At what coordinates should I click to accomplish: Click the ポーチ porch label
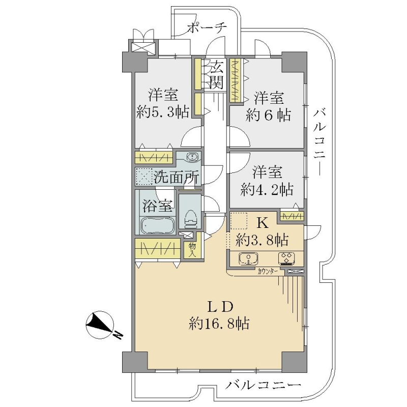pyautogui.click(x=207, y=27)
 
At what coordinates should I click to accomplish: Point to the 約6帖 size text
pyautogui.click(x=269, y=115)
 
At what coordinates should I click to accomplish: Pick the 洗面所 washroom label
pyautogui.click(x=177, y=177)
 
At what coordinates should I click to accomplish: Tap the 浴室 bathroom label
pyautogui.click(x=157, y=206)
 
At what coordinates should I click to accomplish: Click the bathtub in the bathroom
pyautogui.click(x=157, y=225)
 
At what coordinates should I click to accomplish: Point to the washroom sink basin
pyautogui.click(x=192, y=157)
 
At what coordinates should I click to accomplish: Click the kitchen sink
pyautogui.click(x=248, y=259)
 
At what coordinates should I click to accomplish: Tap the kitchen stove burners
pyautogui.click(x=287, y=259)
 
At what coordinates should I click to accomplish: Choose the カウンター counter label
pyautogui.click(x=268, y=272)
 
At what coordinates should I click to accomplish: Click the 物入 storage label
pyautogui.click(x=192, y=250)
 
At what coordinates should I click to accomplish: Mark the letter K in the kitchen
pyautogui.click(x=263, y=223)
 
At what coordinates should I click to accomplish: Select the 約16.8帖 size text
pyautogui.click(x=219, y=324)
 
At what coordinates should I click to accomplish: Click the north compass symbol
pyautogui.click(x=100, y=324)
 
